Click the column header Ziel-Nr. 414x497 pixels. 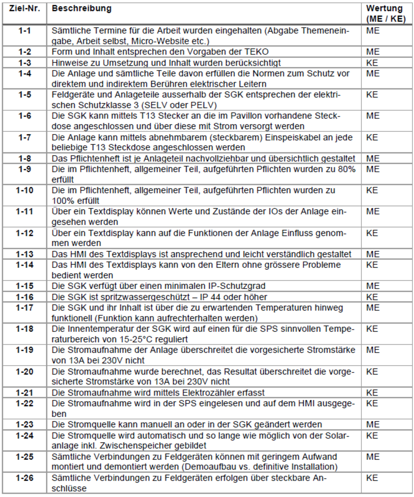(x=24, y=9)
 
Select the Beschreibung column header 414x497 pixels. (x=81, y=9)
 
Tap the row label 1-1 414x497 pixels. (x=24, y=31)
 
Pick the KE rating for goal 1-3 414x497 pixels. (x=372, y=63)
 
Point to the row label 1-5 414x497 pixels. (x=24, y=95)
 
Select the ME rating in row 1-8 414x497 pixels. (x=373, y=158)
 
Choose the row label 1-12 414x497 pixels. (x=24, y=233)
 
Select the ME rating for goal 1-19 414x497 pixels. (x=373, y=350)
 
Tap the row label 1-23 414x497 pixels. (x=24, y=424)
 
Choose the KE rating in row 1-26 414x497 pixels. (x=372, y=478)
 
